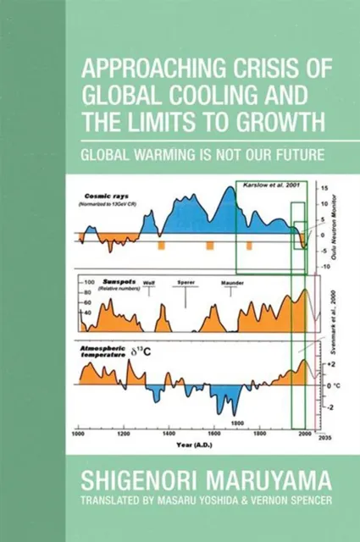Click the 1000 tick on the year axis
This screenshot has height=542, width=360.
(79, 434)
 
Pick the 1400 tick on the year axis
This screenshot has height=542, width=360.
(170, 434)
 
